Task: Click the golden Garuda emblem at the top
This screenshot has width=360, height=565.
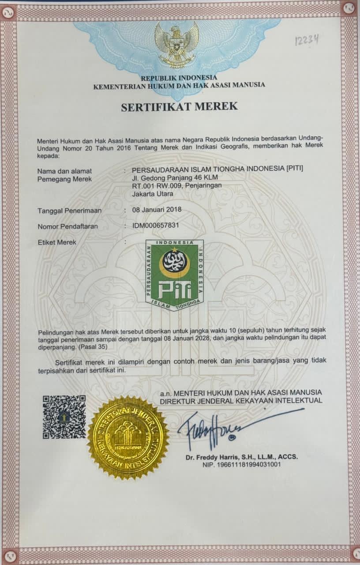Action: [x=176, y=44]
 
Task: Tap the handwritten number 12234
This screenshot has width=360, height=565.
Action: [x=307, y=40]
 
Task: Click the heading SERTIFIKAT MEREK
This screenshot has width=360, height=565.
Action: [x=180, y=106]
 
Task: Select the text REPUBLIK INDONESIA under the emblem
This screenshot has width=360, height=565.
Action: [x=179, y=78]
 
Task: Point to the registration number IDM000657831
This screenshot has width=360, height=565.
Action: [x=156, y=226]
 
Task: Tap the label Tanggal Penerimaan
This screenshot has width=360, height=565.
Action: [x=69, y=211]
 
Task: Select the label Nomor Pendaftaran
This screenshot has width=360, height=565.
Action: [x=67, y=226]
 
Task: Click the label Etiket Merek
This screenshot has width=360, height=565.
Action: [x=57, y=242]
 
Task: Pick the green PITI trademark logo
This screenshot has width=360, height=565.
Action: [x=175, y=275]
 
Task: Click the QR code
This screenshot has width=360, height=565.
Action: [x=64, y=417]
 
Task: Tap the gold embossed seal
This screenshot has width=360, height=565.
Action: [x=128, y=437]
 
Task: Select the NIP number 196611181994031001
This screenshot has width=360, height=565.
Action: [x=242, y=464]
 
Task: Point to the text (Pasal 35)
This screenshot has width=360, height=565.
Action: [x=93, y=347]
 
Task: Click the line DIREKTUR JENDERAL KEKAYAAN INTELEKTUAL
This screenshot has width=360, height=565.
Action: [x=241, y=401]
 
